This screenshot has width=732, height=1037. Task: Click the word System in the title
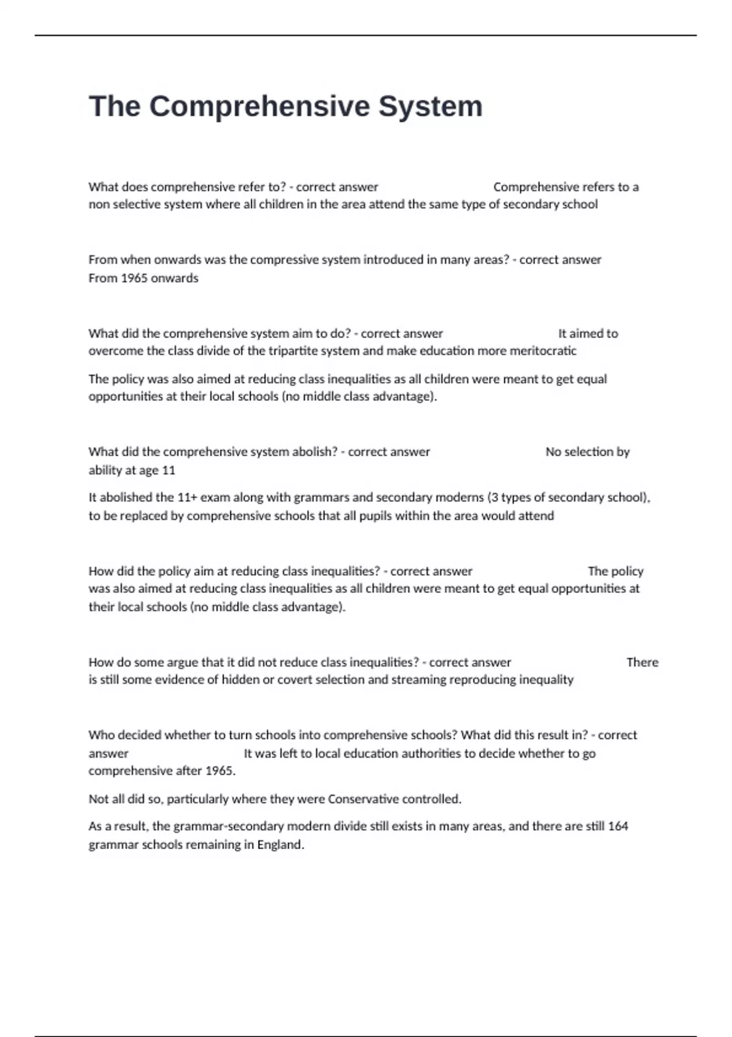click(431, 106)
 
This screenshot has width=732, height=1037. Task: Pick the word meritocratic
click(543, 351)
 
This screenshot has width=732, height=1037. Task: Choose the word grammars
click(318, 497)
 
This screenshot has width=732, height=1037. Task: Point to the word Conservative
click(360, 799)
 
